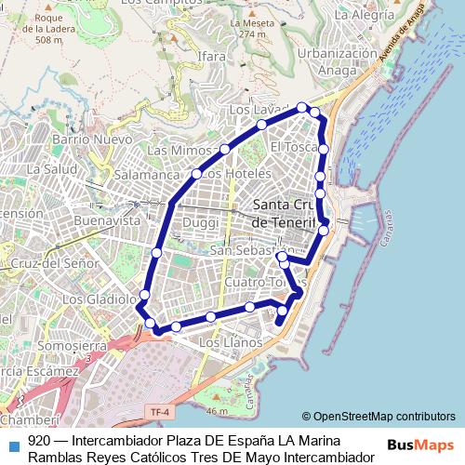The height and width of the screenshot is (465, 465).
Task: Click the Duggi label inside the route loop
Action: [x=199, y=223]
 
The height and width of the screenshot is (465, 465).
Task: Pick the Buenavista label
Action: [x=106, y=220]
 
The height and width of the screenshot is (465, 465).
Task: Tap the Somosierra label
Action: [x=74, y=345]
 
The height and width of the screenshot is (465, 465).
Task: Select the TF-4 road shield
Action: [x=159, y=410]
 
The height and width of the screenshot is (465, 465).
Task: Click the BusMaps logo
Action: [x=419, y=445]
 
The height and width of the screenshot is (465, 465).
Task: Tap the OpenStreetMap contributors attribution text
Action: [x=379, y=417]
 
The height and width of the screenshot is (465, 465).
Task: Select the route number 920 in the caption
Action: [x=39, y=440]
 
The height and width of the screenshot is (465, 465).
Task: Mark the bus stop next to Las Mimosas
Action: [x=225, y=149]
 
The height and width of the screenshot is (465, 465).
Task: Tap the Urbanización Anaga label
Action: [x=331, y=60]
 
